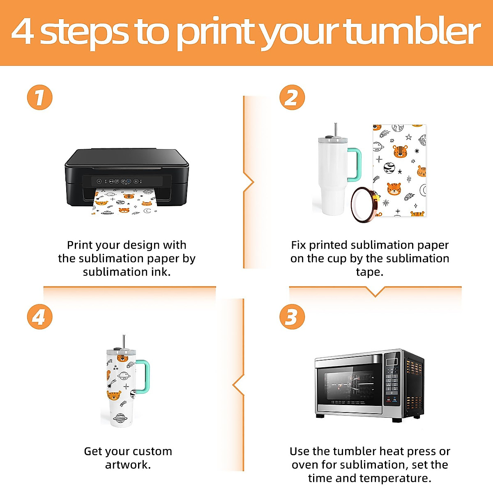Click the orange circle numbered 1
tap(40, 97)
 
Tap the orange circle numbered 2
tap(292, 97)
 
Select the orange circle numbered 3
tap(292, 317)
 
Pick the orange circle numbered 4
tap(40, 317)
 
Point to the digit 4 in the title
tap(22, 32)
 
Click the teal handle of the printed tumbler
tap(143, 377)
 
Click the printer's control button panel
tap(120, 181)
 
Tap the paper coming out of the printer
tap(124, 202)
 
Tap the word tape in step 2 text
tap(370, 272)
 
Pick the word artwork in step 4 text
tap(128, 465)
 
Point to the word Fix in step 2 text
tap(298, 245)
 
